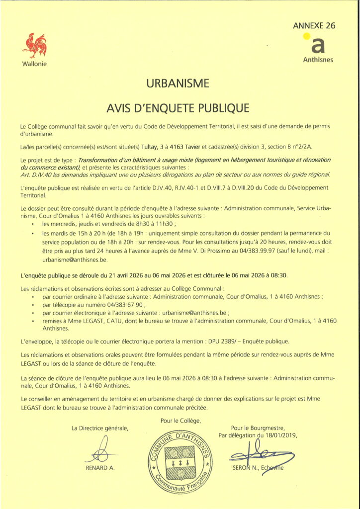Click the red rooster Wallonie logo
34,46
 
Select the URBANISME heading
180,83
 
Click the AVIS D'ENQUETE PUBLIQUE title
180,107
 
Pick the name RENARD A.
100,469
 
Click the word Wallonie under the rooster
34,65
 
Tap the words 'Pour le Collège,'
180,421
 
